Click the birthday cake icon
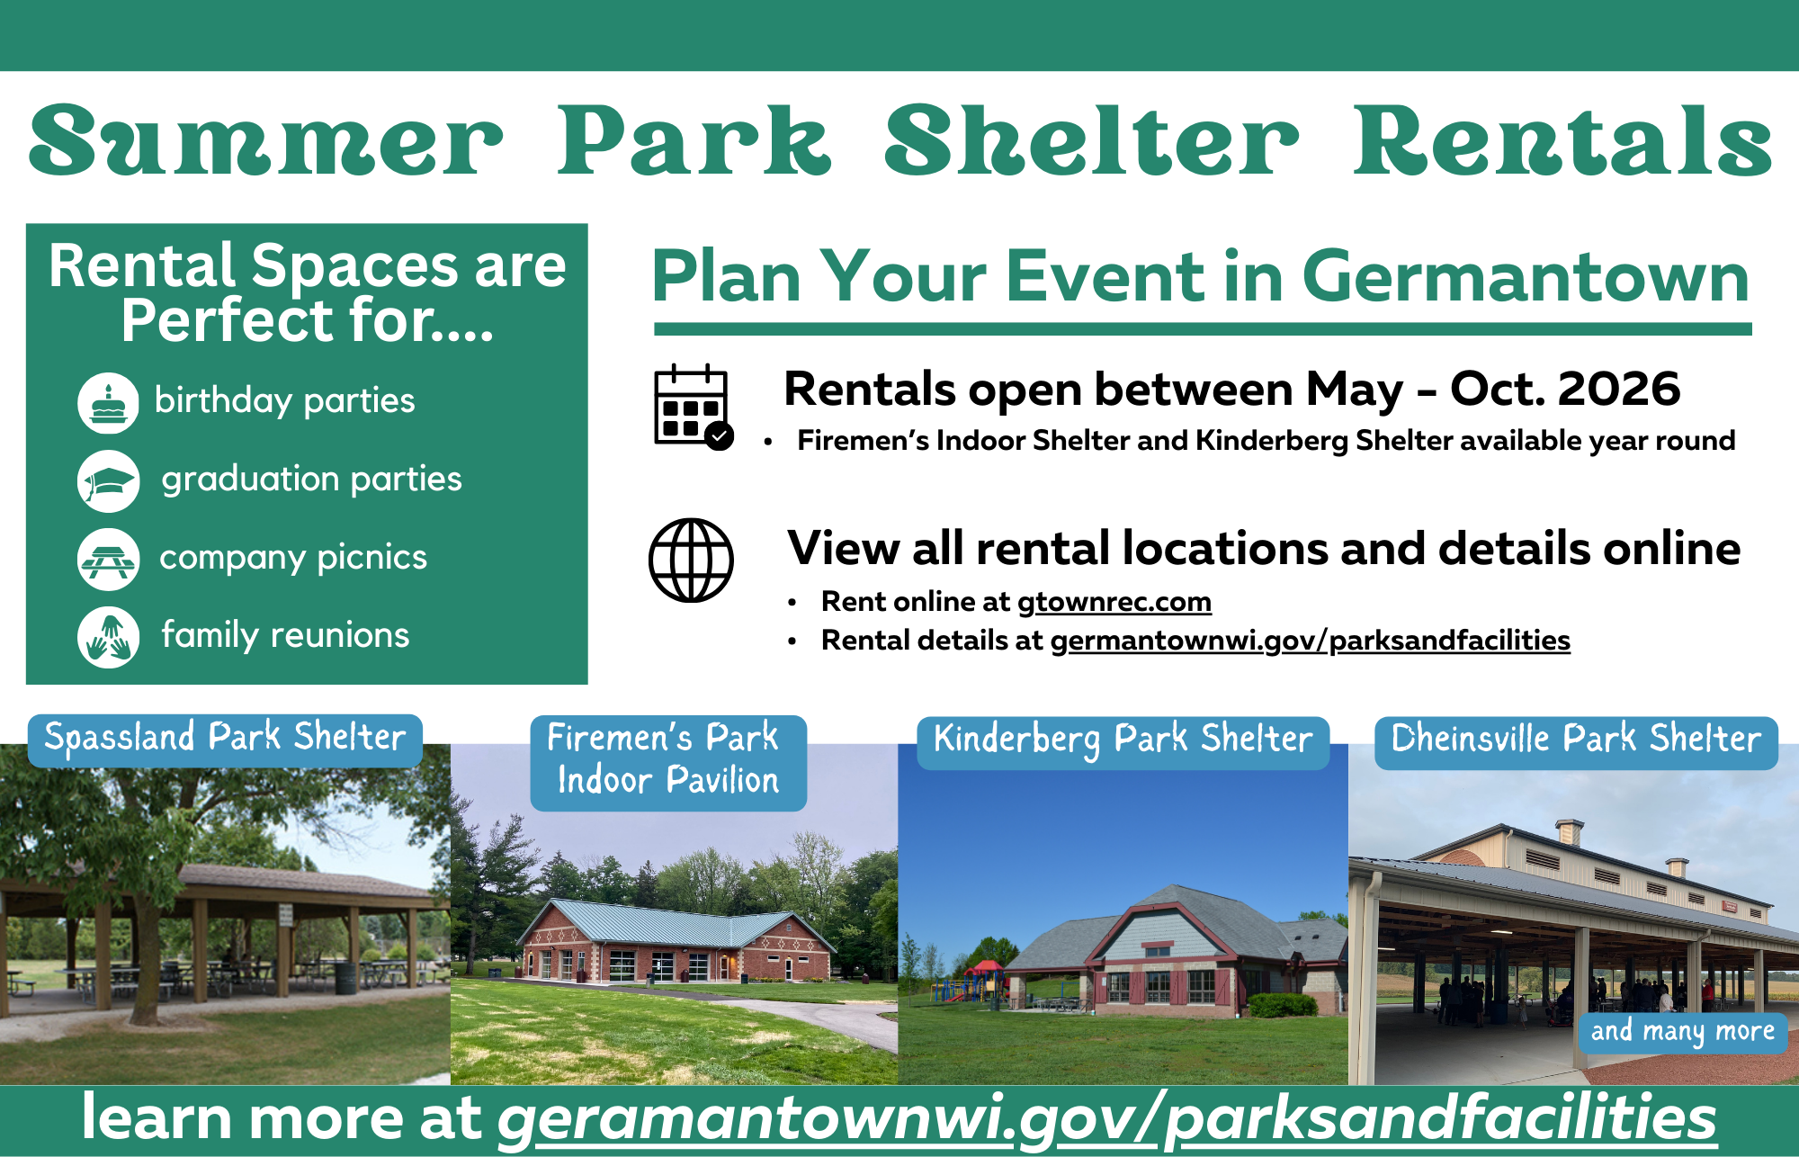tap(108, 402)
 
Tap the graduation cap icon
tap(108, 481)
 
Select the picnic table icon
tap(108, 560)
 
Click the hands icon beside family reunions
tap(108, 637)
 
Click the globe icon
tap(691, 560)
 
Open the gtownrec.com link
tap(1114, 601)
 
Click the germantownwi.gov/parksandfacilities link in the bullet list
tap(1310, 641)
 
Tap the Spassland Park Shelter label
tap(225, 739)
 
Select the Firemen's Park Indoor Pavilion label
tap(667, 760)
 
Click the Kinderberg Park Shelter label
tap(1123, 740)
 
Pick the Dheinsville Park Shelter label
tap(1575, 740)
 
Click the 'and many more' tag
tap(1681, 1031)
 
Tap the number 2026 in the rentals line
tap(1618, 389)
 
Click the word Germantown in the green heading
tap(1525, 277)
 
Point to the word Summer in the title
tap(265, 142)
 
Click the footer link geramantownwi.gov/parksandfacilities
tap(1106, 1118)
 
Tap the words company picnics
tap(293, 558)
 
